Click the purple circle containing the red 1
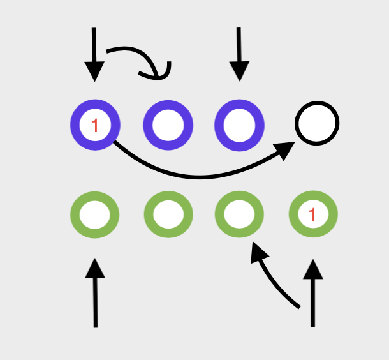pos(96,124)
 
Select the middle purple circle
pos(168,124)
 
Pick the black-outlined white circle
pos(317,123)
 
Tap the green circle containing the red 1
pos(312,214)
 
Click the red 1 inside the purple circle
pos(95,125)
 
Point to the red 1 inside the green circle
pos(312,215)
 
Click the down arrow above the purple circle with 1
pos(94,54)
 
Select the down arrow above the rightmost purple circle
pos(239,54)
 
